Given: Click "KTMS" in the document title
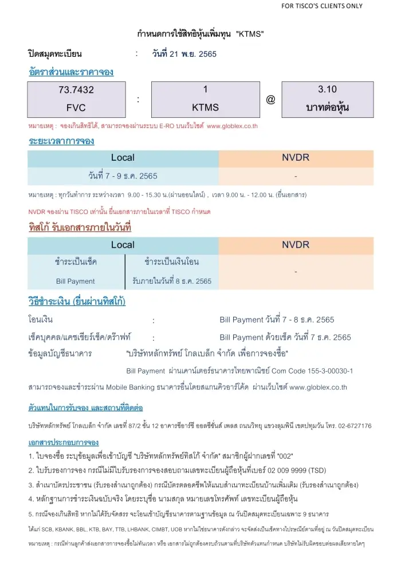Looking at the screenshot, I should click(250, 34).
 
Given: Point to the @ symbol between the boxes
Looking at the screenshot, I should click(270, 99).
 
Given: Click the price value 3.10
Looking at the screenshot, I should click(327, 89).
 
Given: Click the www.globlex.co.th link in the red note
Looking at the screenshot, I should click(234, 125).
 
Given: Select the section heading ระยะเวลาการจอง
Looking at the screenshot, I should click(61, 141).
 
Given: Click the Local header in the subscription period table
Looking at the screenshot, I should click(123, 157).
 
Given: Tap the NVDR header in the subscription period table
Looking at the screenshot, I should click(296, 157).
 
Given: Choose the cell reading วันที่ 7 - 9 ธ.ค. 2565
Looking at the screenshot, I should click(123, 175).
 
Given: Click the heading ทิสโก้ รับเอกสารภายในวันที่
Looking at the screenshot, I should click(80, 228).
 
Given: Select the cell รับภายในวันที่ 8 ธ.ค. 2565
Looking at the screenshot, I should click(171, 281).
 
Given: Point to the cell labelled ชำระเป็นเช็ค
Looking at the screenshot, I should click(76, 262).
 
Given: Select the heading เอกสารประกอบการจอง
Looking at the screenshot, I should click(63, 442).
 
